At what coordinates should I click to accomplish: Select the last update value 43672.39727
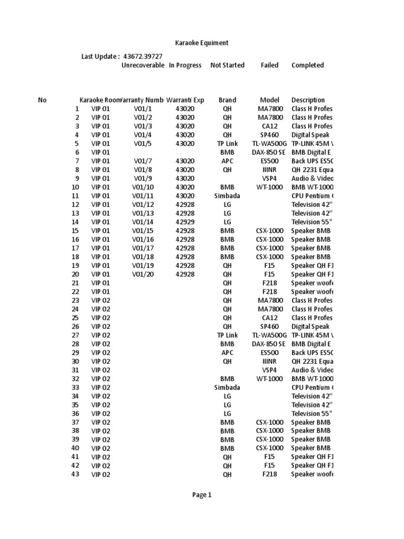click(143, 56)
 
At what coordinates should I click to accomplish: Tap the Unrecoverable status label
click(143, 65)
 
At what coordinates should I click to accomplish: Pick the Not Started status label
click(227, 65)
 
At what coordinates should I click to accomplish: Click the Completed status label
click(307, 65)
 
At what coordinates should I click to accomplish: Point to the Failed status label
click(269, 65)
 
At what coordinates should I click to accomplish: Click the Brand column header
click(227, 100)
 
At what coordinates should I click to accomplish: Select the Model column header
click(269, 100)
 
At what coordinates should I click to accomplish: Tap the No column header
click(43, 100)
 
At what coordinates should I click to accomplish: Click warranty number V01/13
click(143, 213)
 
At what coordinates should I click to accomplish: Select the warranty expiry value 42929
click(185, 222)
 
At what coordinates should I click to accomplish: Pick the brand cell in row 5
click(227, 144)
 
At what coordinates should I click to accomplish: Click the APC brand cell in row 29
click(227, 353)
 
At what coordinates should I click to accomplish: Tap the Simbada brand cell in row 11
click(227, 196)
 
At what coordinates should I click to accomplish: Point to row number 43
click(75, 474)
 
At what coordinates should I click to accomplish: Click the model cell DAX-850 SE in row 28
click(269, 344)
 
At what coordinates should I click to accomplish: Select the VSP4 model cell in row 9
click(269, 178)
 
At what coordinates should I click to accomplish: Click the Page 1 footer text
click(202, 495)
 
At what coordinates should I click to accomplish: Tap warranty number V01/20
click(143, 274)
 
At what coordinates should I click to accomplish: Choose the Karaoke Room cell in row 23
click(101, 301)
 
